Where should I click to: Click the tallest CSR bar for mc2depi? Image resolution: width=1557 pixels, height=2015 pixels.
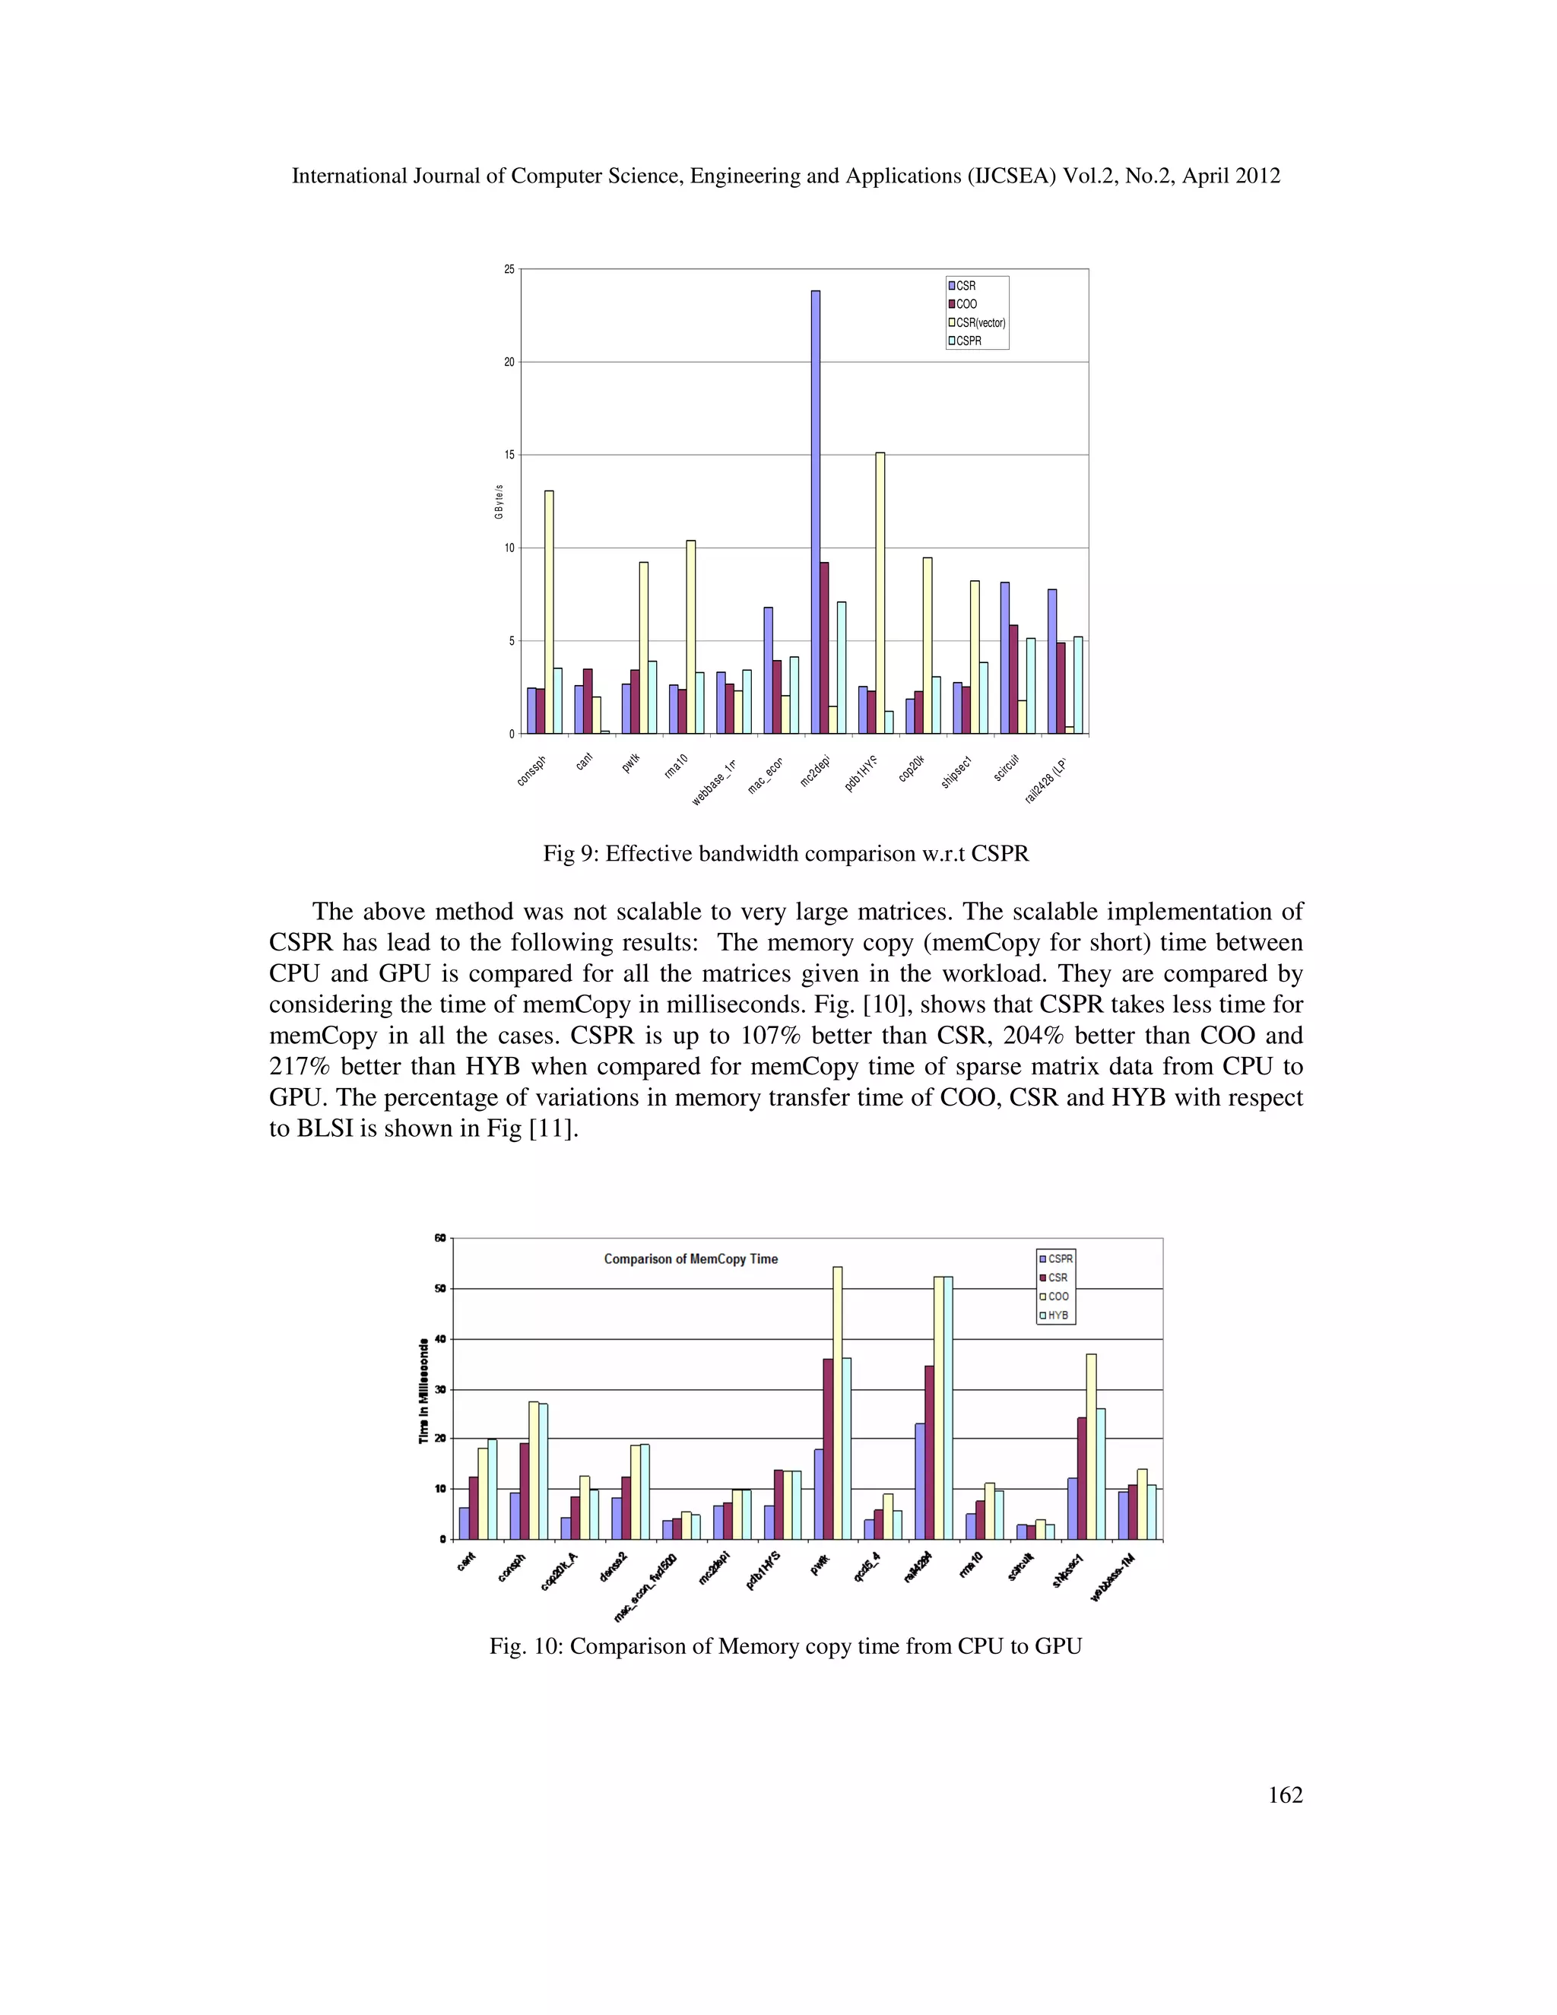[x=816, y=512]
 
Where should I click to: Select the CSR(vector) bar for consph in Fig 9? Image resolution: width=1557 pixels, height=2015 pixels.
[x=549, y=611]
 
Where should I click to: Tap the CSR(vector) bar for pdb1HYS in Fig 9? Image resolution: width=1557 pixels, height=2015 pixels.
[x=880, y=593]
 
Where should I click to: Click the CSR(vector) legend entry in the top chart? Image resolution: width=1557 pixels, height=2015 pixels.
[x=978, y=323]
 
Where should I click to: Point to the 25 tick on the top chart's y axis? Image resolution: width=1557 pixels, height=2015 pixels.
[x=509, y=269]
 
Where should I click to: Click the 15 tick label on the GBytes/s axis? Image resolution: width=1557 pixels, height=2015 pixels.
[x=509, y=455]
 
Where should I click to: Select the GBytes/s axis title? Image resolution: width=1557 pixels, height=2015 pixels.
[x=499, y=501]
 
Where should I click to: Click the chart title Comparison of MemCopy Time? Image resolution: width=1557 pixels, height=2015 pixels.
[x=690, y=1258]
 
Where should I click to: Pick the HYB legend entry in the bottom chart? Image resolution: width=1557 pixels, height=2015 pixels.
[x=1057, y=1315]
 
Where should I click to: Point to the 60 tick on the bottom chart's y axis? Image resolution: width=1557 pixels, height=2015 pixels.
[x=440, y=1238]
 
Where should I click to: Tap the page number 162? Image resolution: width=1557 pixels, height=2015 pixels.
[x=1285, y=1794]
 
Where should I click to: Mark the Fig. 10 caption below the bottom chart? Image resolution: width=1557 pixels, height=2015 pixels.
[x=785, y=1646]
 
